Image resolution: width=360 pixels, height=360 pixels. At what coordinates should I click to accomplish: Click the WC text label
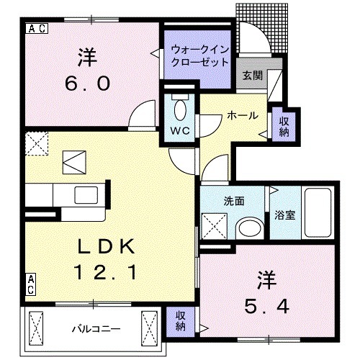click(x=180, y=131)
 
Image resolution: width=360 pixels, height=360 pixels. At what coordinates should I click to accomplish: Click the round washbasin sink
click(x=249, y=229)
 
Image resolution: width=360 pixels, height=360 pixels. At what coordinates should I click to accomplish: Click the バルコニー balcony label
click(x=95, y=329)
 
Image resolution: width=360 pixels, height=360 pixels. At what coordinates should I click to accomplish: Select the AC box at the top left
click(x=37, y=29)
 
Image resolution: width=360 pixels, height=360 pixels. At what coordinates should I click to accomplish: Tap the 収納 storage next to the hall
click(x=284, y=126)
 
